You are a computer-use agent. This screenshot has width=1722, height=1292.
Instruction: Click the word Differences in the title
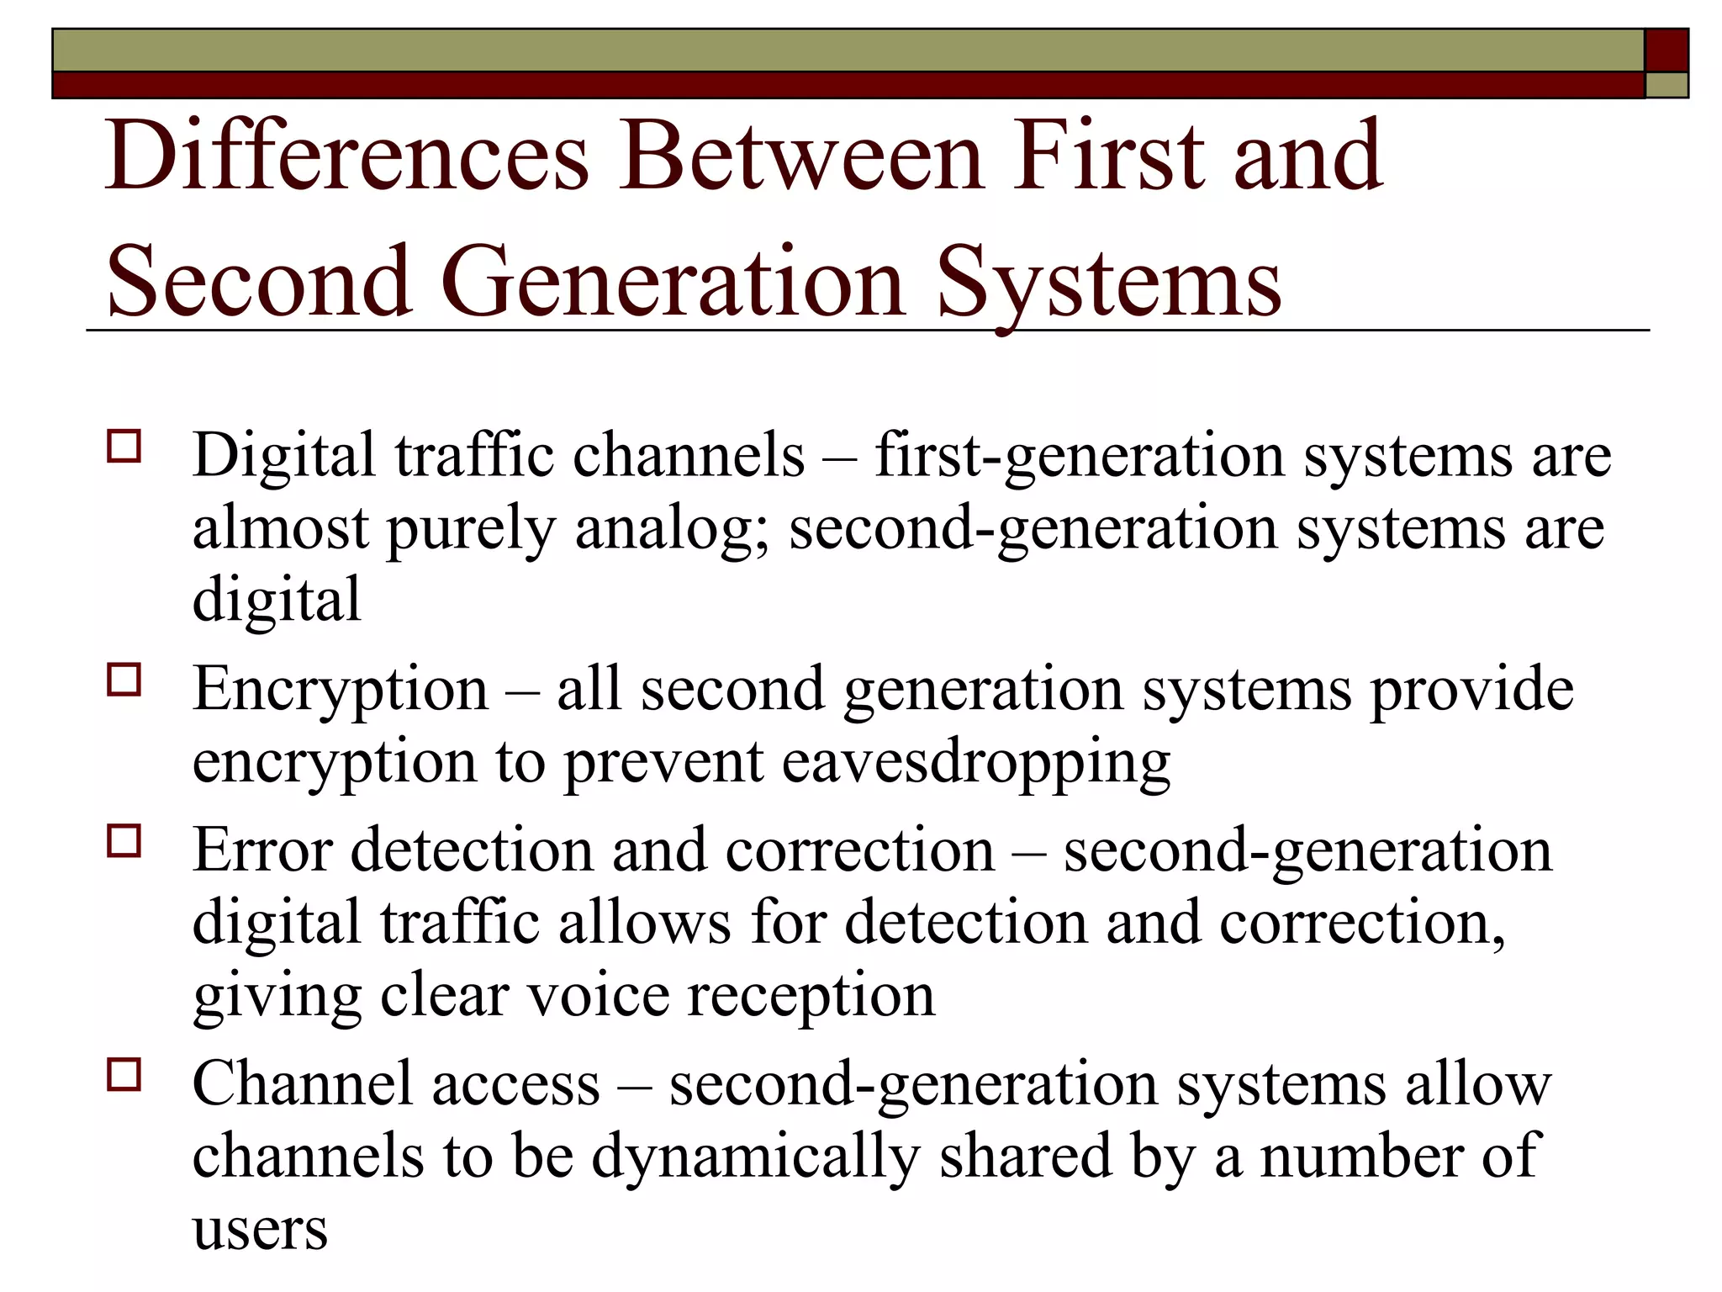click(346, 157)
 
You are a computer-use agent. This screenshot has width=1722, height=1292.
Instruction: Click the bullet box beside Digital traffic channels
click(124, 447)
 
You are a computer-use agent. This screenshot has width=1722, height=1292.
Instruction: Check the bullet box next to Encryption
click(124, 680)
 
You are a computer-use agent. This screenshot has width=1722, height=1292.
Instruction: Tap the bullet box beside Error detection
click(124, 840)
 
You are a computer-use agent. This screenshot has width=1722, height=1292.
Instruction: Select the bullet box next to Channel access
click(124, 1074)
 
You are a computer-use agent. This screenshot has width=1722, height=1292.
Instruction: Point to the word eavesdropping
click(975, 763)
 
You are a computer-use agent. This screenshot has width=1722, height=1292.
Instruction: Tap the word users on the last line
click(260, 1230)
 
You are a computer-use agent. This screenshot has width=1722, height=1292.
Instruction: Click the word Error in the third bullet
click(262, 850)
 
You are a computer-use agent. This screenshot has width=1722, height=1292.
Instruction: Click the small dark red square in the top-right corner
click(1666, 50)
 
